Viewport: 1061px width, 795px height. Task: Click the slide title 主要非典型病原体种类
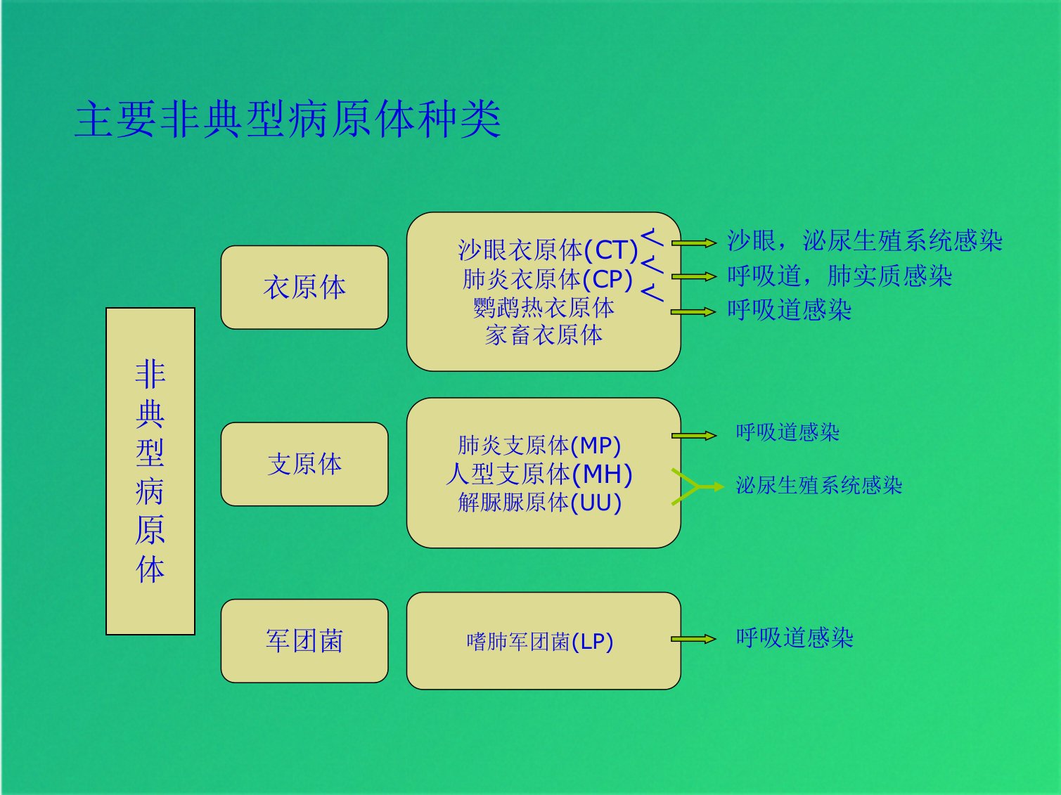click(x=288, y=119)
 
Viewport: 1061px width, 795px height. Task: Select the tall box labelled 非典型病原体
click(x=150, y=471)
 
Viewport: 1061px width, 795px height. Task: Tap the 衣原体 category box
click(x=304, y=287)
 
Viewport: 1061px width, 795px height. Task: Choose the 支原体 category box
click(x=304, y=465)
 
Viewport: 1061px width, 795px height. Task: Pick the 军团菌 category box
click(x=304, y=641)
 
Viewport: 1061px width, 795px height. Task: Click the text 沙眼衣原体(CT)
click(x=548, y=250)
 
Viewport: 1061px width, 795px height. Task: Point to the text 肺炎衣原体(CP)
click(x=548, y=279)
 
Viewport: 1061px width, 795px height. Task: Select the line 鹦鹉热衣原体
click(x=544, y=307)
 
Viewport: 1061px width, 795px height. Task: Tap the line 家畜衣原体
click(x=544, y=335)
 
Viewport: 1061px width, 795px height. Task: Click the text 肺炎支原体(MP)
click(x=539, y=445)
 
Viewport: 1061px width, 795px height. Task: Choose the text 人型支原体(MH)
click(x=539, y=474)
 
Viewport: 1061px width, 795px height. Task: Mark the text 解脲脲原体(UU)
click(x=539, y=502)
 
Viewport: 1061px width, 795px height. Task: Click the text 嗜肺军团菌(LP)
click(x=540, y=642)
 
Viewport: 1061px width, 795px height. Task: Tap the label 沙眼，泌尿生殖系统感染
click(x=865, y=240)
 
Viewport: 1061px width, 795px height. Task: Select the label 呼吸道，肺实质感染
click(x=840, y=276)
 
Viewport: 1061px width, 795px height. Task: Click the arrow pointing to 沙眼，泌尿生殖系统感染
click(x=694, y=243)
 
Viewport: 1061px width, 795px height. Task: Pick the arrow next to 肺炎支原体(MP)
click(x=694, y=436)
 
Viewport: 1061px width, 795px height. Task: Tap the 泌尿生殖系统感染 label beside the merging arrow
click(x=819, y=486)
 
